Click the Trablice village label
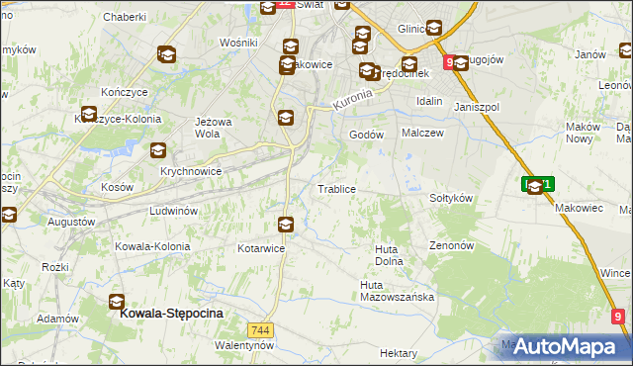coord(335,188)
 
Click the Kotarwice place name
coord(261,248)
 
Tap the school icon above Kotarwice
coord(286,225)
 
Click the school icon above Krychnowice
coord(157,151)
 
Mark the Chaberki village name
coord(124,17)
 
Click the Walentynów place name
coord(243,345)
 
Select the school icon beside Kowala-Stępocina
coord(117,302)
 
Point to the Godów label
coord(366,135)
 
